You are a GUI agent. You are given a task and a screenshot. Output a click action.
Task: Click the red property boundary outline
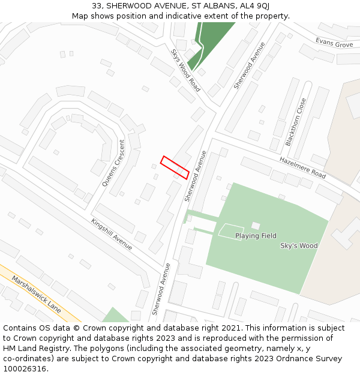tap(175, 167)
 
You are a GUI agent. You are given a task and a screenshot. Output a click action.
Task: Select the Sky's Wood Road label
tap(185, 71)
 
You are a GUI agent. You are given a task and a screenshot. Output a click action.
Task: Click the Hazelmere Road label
tap(302, 167)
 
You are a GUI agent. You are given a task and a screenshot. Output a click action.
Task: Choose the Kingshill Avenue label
tap(112, 234)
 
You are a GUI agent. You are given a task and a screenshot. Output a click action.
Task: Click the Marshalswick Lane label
tap(37, 295)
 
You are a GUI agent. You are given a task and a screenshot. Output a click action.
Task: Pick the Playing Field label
tap(256, 236)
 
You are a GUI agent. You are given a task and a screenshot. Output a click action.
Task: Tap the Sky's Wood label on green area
tap(299, 245)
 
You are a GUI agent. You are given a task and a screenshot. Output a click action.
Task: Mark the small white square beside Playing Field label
tap(256, 226)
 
